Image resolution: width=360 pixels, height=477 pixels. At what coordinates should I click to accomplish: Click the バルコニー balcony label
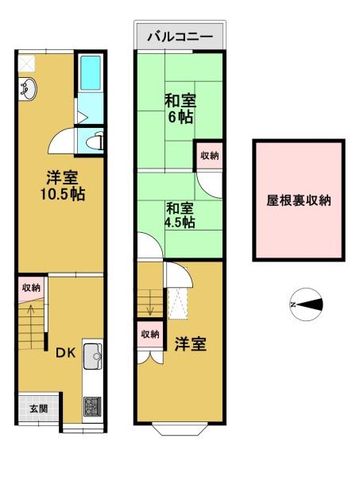(x=180, y=37)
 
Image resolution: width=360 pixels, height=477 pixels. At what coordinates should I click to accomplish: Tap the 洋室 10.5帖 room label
(x=63, y=186)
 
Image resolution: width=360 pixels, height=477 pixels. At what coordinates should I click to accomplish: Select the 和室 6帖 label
(x=180, y=109)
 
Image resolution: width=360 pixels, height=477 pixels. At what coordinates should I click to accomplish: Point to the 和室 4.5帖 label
(x=180, y=215)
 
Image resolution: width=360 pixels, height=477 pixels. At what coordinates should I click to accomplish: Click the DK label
(x=65, y=352)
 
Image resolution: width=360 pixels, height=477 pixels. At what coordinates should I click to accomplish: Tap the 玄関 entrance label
(x=38, y=409)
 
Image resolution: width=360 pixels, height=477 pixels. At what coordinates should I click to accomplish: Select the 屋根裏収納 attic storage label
(x=299, y=200)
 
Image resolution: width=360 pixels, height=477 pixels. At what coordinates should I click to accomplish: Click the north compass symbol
(x=305, y=304)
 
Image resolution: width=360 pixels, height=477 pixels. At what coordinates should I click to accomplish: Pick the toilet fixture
(x=95, y=141)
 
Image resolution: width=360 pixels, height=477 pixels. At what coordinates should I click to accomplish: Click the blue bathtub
(x=91, y=72)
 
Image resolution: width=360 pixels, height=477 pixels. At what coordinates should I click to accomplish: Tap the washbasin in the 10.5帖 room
(x=27, y=88)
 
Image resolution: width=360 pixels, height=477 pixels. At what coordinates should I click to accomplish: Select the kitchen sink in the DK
(x=93, y=356)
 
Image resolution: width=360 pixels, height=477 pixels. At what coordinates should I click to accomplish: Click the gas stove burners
(x=93, y=406)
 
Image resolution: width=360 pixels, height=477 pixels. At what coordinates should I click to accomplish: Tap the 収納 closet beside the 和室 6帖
(x=209, y=156)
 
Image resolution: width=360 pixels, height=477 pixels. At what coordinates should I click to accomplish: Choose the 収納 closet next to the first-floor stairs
(x=32, y=288)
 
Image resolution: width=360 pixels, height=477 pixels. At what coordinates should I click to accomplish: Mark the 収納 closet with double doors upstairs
(x=150, y=335)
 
